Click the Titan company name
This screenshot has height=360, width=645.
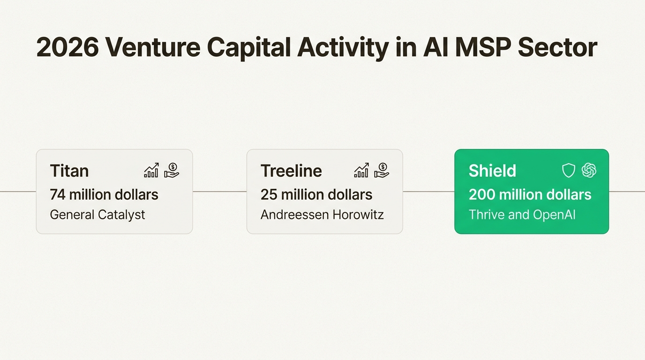[69, 171]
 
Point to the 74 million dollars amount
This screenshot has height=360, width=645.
[104, 194]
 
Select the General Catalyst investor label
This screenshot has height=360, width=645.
[97, 215]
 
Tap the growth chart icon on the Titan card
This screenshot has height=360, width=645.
[151, 171]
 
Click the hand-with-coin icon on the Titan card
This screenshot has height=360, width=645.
[172, 171]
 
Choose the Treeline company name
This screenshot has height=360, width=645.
[291, 171]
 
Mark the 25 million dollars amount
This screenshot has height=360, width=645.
[316, 194]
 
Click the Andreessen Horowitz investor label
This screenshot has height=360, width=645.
[322, 215]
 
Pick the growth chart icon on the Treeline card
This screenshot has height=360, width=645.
[361, 171]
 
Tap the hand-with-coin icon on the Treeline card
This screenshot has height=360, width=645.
[382, 171]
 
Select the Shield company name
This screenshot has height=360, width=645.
[492, 171]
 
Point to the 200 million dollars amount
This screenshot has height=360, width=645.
[530, 194]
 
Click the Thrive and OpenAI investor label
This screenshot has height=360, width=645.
[522, 215]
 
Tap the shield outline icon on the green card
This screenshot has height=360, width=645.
[568, 171]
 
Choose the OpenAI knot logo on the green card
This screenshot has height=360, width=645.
[589, 171]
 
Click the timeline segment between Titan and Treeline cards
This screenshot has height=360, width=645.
[219, 191]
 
